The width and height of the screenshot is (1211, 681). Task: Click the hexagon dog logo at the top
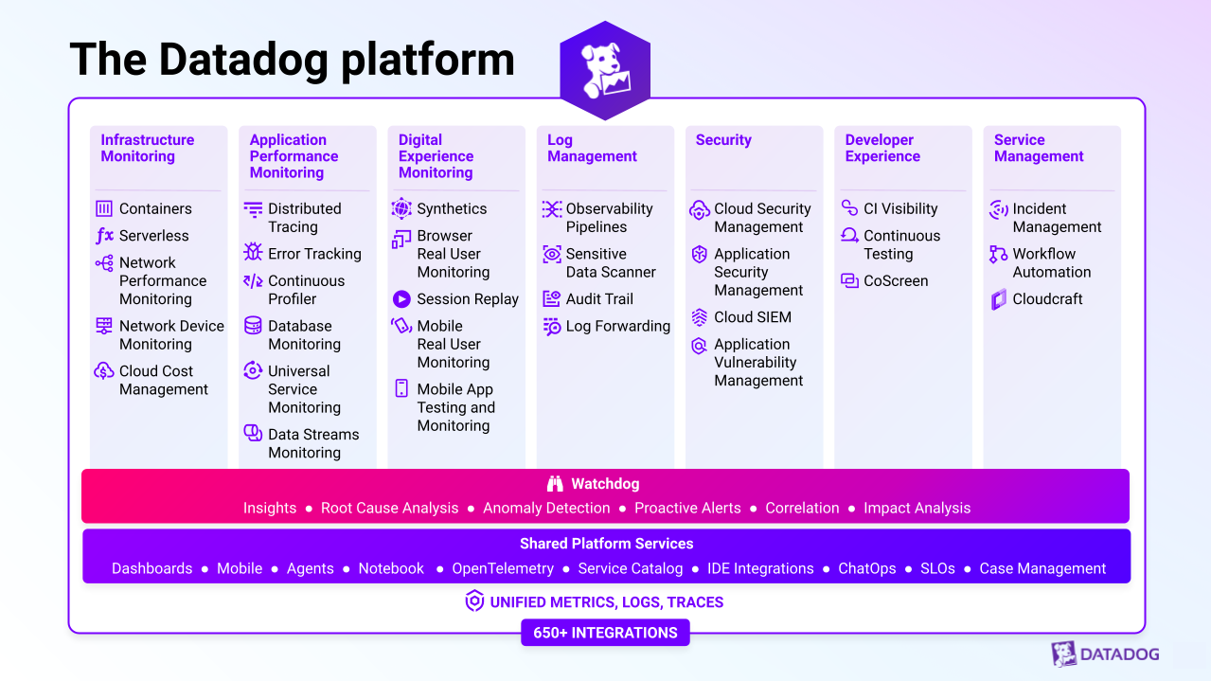605,70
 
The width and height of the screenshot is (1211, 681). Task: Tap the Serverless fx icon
104,235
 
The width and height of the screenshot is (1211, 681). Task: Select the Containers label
155,208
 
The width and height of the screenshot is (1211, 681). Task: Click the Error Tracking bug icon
253,252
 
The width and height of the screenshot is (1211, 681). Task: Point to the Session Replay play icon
401,298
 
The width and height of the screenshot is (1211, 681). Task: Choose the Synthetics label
452,208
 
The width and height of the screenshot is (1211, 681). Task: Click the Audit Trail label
599,299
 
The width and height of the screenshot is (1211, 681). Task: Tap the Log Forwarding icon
552,326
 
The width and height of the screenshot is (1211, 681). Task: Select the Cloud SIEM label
753,317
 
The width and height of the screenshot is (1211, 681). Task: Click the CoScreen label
896,280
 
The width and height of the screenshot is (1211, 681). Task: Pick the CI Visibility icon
850,207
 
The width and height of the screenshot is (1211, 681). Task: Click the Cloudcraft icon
999,299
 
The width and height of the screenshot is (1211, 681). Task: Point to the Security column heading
723,139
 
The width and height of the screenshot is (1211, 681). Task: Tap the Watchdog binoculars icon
555,484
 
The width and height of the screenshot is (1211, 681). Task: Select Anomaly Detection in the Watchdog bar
546,508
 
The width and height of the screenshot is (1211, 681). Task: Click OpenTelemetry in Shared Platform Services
503,568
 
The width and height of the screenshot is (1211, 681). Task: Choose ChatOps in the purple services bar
866,568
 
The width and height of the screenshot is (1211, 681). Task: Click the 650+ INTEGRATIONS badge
605,633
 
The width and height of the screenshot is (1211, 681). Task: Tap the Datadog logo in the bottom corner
1105,654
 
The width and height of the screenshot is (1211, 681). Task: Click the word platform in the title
428,60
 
